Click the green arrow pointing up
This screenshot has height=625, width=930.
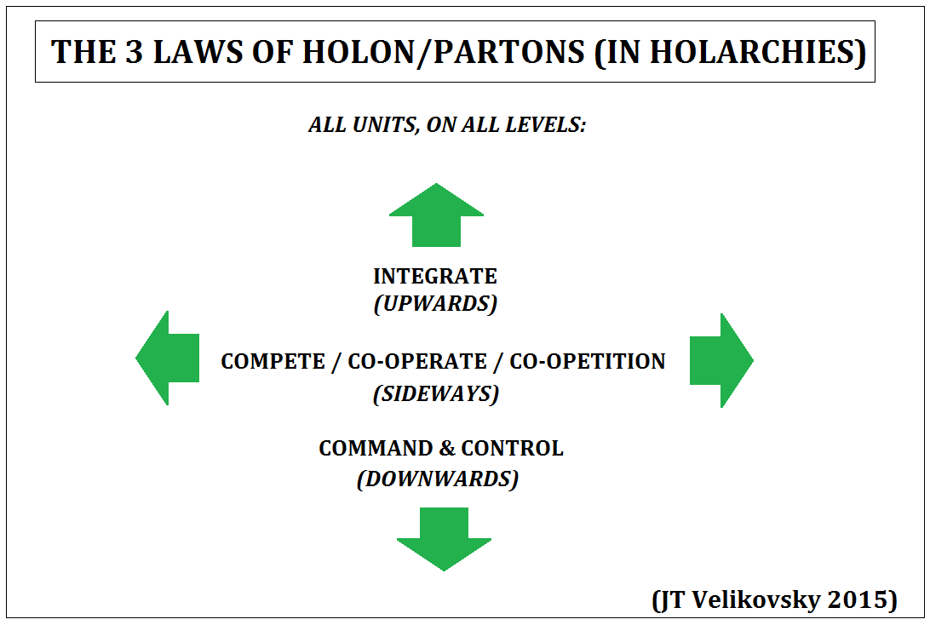coord(436,216)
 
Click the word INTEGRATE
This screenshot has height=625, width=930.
coord(434,276)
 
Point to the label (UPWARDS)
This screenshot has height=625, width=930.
coord(435,304)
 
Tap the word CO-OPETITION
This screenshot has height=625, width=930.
coord(588,361)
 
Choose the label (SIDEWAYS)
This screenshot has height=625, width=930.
coord(436,393)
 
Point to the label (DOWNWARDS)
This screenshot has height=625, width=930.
coord(438,479)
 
